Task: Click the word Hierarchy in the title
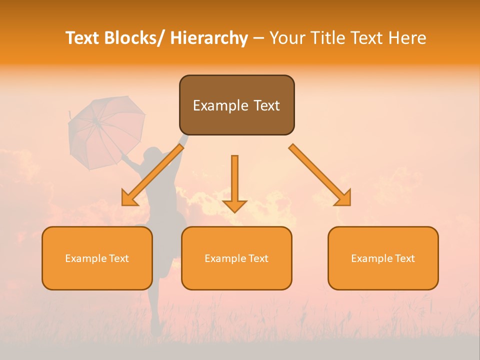click(209, 38)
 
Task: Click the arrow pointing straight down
click(234, 180)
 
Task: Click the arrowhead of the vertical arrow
click(234, 205)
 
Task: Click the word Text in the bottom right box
click(404, 258)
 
